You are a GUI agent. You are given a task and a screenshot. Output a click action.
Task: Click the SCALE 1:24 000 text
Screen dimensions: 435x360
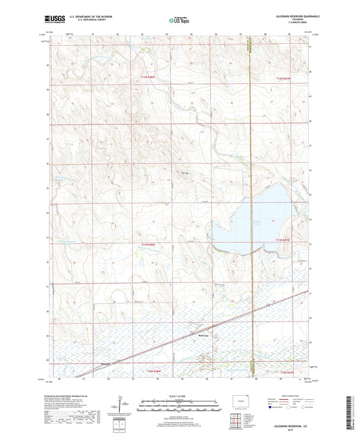(179, 396)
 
